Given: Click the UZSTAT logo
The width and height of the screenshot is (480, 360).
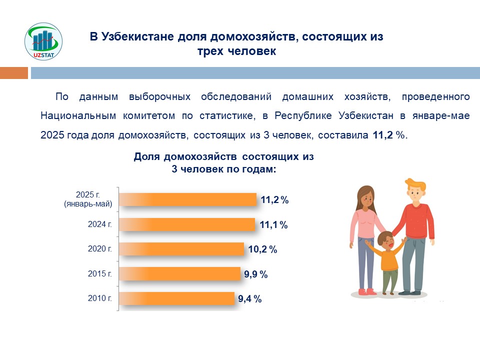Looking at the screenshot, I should pyautogui.click(x=43, y=43).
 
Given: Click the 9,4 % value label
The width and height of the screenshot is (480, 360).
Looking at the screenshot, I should pyautogui.click(x=249, y=299).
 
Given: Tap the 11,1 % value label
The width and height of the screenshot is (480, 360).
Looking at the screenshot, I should pyautogui.click(x=273, y=225).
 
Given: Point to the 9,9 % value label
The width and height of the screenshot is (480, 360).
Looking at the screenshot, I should pyautogui.click(x=255, y=274).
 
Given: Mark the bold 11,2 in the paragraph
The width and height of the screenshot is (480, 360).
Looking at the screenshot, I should pyautogui.click(x=383, y=135).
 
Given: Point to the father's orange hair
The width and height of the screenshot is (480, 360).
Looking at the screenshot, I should pyautogui.click(x=416, y=184).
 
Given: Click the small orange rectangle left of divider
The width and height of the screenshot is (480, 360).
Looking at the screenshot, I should pyautogui.click(x=13, y=73).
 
